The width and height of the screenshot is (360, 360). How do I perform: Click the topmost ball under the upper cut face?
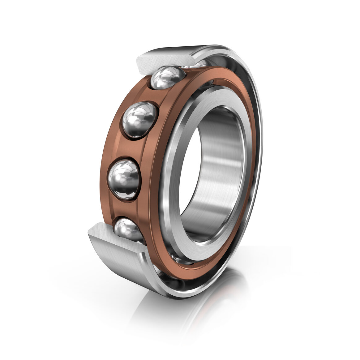(x=167, y=77)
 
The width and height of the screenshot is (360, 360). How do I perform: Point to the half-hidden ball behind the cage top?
(x=195, y=64)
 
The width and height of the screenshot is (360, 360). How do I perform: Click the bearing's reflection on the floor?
(x=198, y=306)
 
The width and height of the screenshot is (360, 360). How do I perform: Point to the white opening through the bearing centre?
(x=198, y=173)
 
